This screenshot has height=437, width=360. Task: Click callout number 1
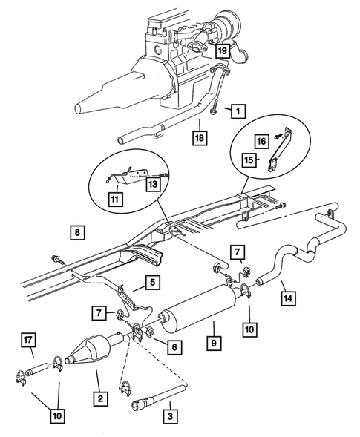click(x=237, y=112)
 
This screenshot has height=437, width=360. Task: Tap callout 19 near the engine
click(x=222, y=50)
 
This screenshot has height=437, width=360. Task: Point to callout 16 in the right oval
click(x=261, y=159)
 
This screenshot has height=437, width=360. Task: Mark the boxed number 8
click(x=78, y=233)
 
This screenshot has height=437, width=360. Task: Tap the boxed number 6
click(x=174, y=346)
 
